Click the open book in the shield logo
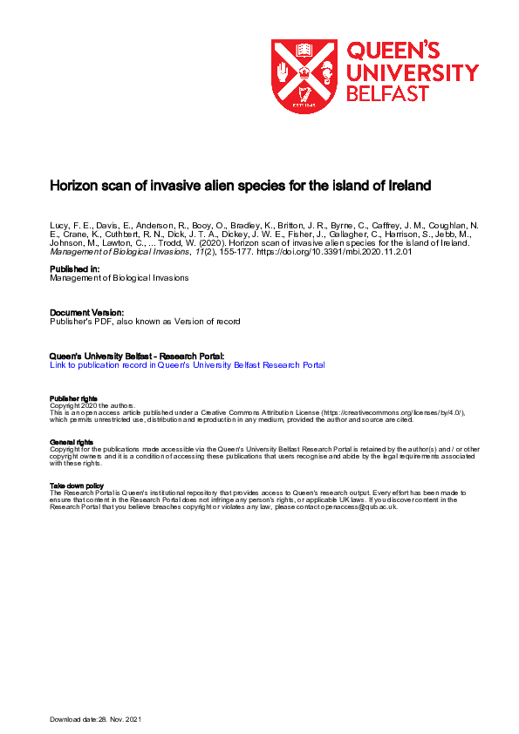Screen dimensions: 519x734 304,50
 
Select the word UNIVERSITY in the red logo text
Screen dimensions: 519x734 413,73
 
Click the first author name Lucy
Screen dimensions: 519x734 59,224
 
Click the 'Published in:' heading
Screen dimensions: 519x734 74,269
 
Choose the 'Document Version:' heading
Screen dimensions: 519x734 86,312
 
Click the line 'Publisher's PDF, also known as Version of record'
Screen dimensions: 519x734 144,321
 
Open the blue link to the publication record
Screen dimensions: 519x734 188,365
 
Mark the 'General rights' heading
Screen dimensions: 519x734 69,442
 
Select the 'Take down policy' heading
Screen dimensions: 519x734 76,485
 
